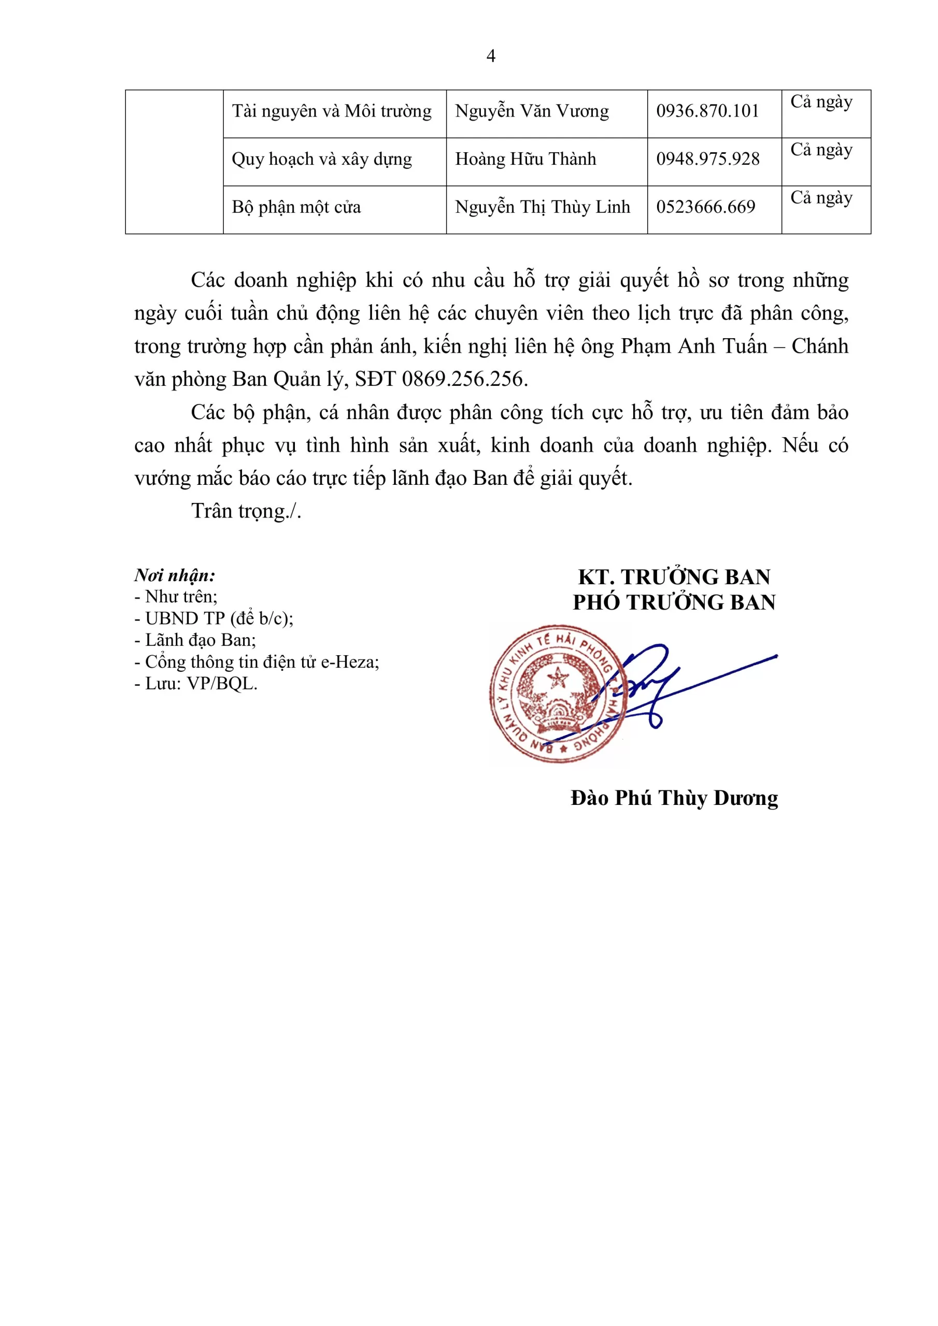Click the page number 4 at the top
click(491, 56)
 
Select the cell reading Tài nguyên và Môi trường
click(332, 111)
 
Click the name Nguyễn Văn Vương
click(532, 111)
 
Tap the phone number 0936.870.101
click(707, 111)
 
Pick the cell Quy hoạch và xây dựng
click(322, 159)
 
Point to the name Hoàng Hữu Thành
click(525, 159)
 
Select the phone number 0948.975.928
click(707, 159)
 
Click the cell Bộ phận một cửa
click(296, 207)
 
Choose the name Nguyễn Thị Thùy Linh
click(542, 207)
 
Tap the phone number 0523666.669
click(705, 207)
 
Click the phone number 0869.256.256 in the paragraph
click(464, 379)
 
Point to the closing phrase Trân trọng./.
click(246, 511)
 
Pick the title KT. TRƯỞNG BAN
click(674, 577)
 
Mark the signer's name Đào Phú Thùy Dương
click(674, 798)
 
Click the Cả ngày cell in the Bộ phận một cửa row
click(821, 197)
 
